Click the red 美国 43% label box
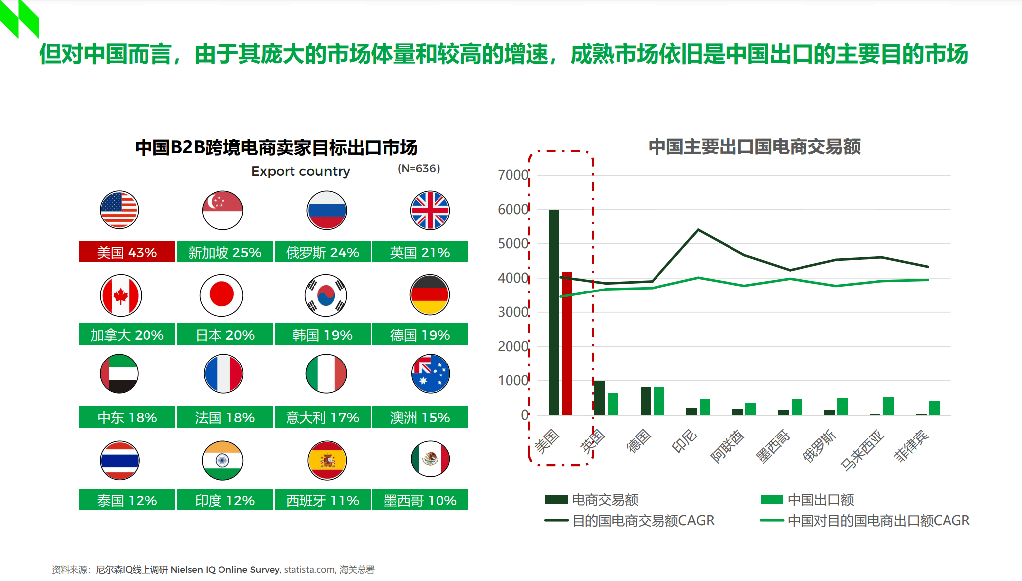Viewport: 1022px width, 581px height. pos(127,252)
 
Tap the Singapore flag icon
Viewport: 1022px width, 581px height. pos(222,210)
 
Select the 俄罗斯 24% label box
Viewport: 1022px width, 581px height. pos(322,252)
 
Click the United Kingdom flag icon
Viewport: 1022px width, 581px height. pos(430,210)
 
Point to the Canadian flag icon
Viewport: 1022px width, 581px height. pos(121,295)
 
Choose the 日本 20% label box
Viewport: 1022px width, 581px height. pos(225,334)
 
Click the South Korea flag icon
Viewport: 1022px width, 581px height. pos(326,295)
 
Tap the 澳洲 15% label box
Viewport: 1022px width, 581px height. pos(420,417)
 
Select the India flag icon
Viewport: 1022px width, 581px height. pos(222,460)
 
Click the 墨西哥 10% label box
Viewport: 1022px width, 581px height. pos(420,500)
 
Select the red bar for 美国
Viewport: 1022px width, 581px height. pos(567,343)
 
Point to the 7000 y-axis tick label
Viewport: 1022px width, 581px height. pos(513,175)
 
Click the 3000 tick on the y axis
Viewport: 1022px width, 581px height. pos(513,312)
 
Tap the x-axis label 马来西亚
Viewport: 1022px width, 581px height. pos(863,450)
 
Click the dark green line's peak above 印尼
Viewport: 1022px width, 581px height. pos(698,230)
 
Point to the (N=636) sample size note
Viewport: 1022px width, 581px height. pos(419,169)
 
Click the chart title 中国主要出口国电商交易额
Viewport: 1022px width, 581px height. pos(754,147)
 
